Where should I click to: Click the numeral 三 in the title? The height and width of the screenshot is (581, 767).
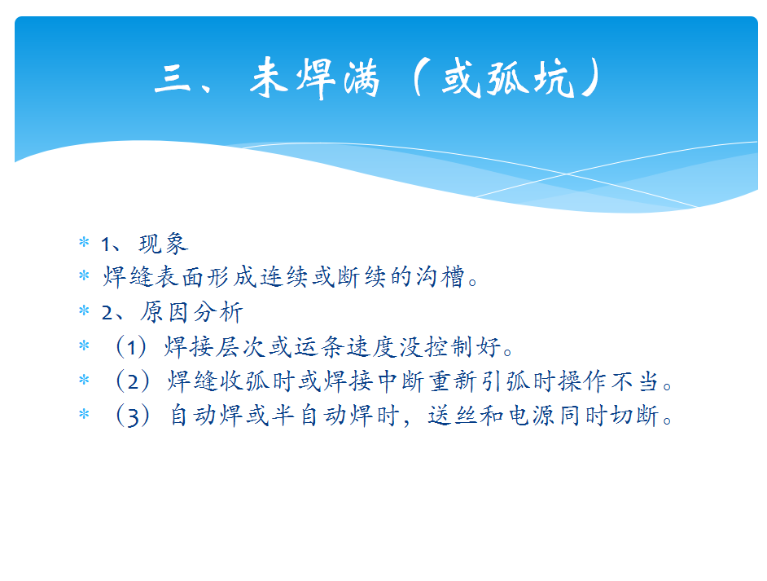pyautogui.click(x=172, y=79)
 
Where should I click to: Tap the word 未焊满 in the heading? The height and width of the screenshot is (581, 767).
pyautogui.click(x=315, y=77)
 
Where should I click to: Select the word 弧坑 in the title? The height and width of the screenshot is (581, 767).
pyautogui.click(x=530, y=77)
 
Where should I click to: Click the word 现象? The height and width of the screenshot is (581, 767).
pyautogui.click(x=164, y=244)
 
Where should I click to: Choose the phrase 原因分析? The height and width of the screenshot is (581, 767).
pyautogui.click(x=192, y=312)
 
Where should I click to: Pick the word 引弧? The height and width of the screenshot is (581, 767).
pyautogui.click(x=506, y=381)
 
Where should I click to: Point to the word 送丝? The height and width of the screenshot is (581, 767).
pyautogui.click(x=453, y=416)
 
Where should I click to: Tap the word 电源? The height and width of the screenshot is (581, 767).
pyautogui.click(x=531, y=416)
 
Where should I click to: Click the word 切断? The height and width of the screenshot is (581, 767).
pyautogui.click(x=635, y=416)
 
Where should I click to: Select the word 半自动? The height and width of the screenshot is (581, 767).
pyautogui.click(x=309, y=416)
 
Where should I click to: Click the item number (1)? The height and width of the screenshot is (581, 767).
pyautogui.click(x=131, y=347)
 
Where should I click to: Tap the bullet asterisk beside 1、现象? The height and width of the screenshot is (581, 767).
pyautogui.click(x=84, y=242)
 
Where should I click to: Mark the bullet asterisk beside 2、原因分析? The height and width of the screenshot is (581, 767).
pyautogui.click(x=84, y=310)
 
